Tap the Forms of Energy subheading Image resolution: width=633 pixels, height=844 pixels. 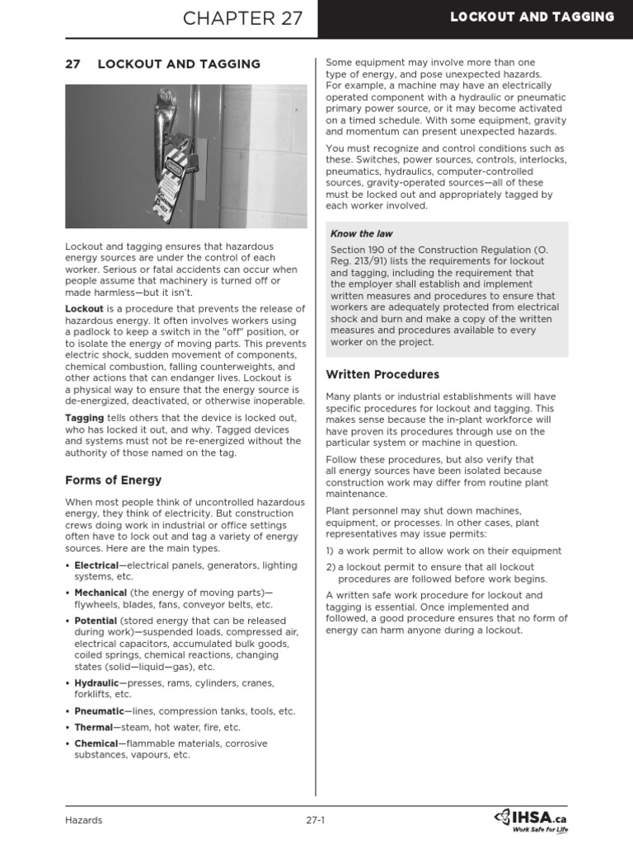point(113,480)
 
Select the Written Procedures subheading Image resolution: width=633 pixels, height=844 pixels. point(382,374)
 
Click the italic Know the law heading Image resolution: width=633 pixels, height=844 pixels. point(361,234)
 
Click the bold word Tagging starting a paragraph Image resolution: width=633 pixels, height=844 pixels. point(84,418)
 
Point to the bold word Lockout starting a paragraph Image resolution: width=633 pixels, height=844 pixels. point(84,309)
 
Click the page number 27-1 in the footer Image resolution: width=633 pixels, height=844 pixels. point(316,819)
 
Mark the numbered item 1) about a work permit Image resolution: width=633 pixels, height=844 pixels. point(443,551)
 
